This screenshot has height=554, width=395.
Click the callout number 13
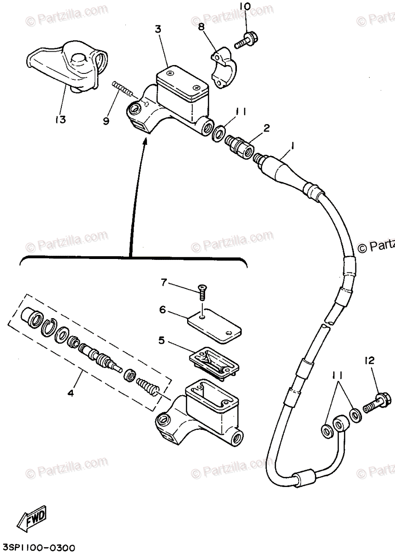(x=60, y=120)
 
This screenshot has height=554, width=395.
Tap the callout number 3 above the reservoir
(x=158, y=29)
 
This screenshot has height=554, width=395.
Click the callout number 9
(x=106, y=121)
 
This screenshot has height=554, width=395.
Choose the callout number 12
(x=371, y=361)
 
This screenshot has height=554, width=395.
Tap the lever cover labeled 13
(x=70, y=65)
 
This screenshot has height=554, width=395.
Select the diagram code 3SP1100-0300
(x=39, y=548)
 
